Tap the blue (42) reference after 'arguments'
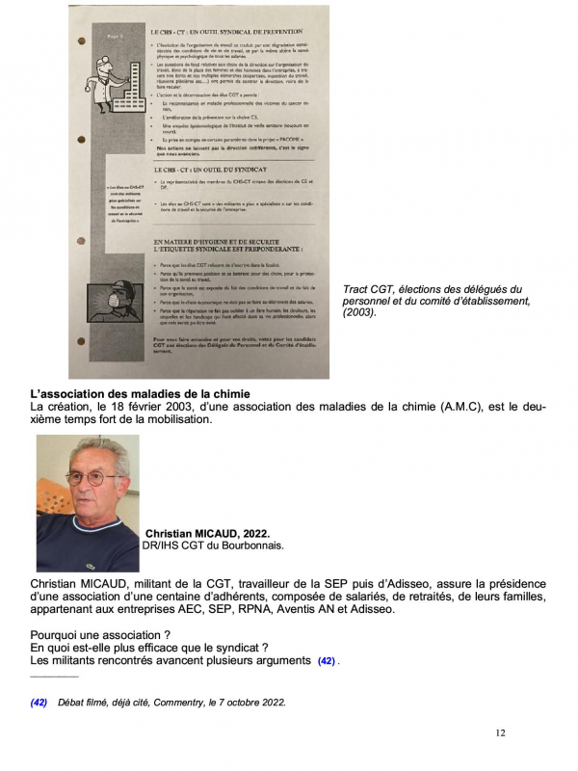[327, 661]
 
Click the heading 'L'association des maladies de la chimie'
[141, 394]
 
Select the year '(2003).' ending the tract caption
[360, 312]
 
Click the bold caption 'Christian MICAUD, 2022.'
[207, 533]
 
